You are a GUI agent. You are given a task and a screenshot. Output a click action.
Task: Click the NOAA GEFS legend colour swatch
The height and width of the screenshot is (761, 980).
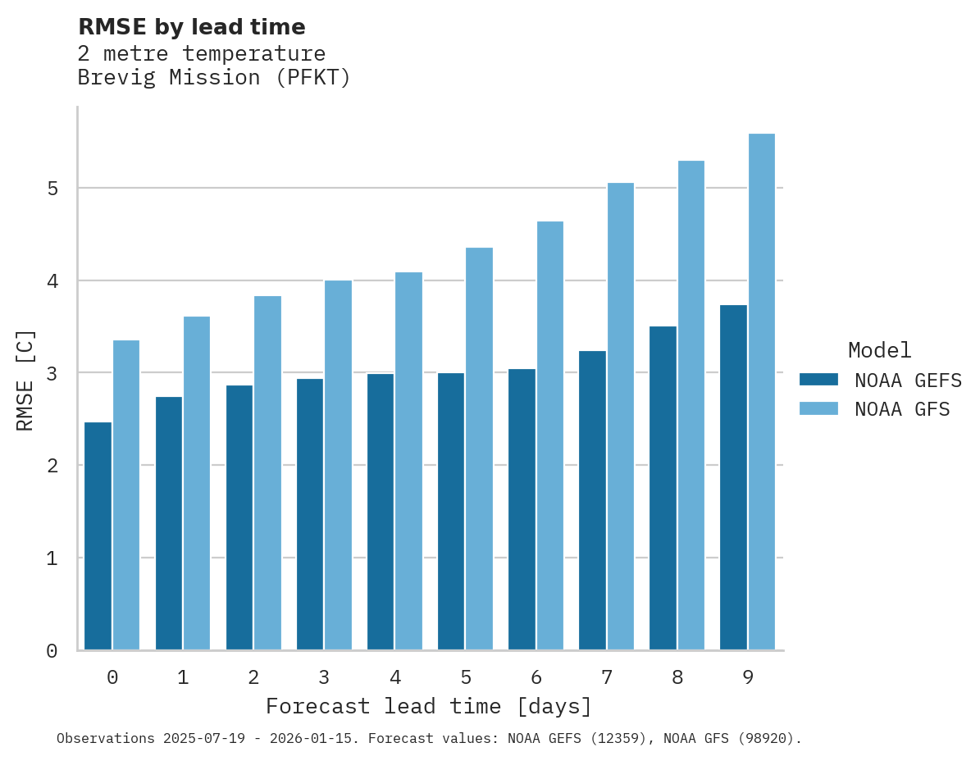818,380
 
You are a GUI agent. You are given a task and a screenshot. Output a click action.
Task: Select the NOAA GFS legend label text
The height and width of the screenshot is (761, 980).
902,409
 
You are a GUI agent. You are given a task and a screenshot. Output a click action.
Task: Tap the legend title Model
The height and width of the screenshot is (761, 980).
879,350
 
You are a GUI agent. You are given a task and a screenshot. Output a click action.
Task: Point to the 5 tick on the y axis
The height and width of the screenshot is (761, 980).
52,189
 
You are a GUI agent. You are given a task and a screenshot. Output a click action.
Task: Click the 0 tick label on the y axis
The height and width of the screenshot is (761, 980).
52,651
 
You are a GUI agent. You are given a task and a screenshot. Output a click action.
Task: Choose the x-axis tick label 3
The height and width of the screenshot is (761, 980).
324,677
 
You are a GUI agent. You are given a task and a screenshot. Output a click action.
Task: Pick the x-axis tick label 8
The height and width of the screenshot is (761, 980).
677,677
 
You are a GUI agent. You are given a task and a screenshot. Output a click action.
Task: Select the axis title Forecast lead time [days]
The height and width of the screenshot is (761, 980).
428,706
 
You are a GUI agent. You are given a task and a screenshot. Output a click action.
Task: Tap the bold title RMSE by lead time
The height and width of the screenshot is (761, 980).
191,27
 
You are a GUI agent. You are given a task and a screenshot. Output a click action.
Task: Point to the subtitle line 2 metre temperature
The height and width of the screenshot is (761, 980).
201,53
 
